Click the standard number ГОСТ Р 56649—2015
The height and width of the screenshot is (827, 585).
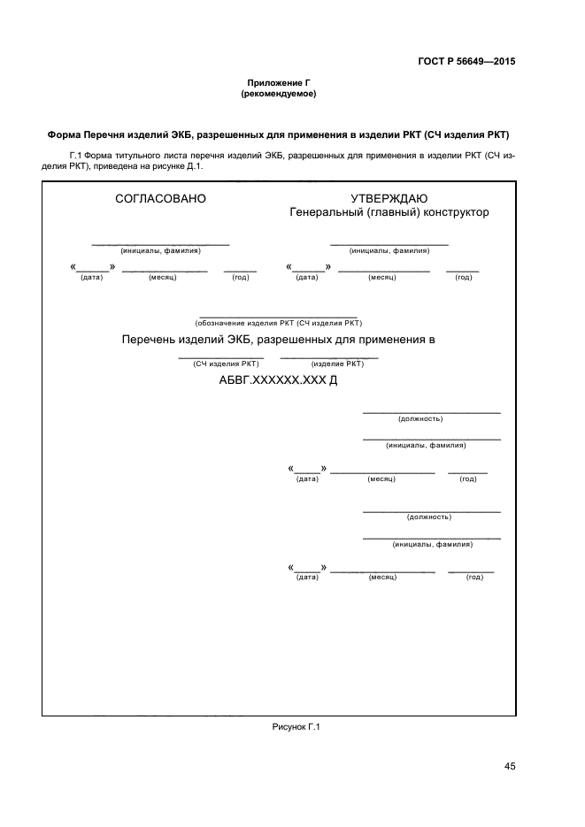(466, 61)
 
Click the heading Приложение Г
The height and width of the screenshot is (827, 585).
(279, 82)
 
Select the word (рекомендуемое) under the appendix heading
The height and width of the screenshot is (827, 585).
(279, 93)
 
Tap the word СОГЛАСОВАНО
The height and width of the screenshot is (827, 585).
(161, 199)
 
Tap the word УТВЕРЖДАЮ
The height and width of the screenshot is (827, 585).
(389, 199)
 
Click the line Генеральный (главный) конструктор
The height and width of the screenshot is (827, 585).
(389, 212)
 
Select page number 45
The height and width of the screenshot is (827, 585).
(510, 766)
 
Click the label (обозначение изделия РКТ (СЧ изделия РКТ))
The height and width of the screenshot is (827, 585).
(279, 323)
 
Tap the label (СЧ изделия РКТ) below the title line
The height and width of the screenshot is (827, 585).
(227, 364)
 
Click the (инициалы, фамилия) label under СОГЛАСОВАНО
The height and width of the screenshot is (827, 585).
(161, 250)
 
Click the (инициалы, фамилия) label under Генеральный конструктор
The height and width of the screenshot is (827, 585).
(389, 250)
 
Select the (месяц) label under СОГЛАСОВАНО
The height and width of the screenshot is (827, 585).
(164, 277)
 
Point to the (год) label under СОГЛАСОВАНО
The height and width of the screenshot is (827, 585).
(240, 277)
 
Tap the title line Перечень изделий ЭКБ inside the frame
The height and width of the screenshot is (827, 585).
(279, 340)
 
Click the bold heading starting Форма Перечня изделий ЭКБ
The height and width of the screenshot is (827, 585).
(279, 135)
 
